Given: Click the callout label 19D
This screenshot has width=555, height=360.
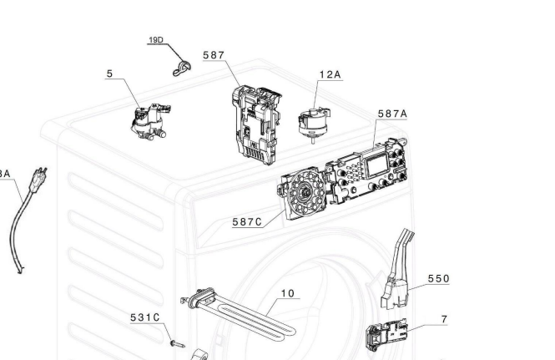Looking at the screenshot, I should tap(156, 41).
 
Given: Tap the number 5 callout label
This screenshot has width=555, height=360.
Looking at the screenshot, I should tap(109, 74).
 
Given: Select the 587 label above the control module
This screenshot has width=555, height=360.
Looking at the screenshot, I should tap(214, 55).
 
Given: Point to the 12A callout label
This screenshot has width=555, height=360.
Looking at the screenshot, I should tap(330, 74).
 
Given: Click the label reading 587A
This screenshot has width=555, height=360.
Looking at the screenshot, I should tap(392, 113).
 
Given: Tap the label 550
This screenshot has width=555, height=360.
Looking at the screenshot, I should tap(438, 278).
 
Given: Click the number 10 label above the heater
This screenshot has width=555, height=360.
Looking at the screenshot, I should tap(287, 293).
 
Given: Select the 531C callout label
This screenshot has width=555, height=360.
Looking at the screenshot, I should tap(144, 317).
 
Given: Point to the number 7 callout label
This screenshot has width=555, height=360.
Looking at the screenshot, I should tap(443, 319).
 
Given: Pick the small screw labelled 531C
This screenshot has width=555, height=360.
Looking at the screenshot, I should tap(176, 342).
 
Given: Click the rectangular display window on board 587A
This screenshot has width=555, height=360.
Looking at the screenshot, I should tap(377, 165).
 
